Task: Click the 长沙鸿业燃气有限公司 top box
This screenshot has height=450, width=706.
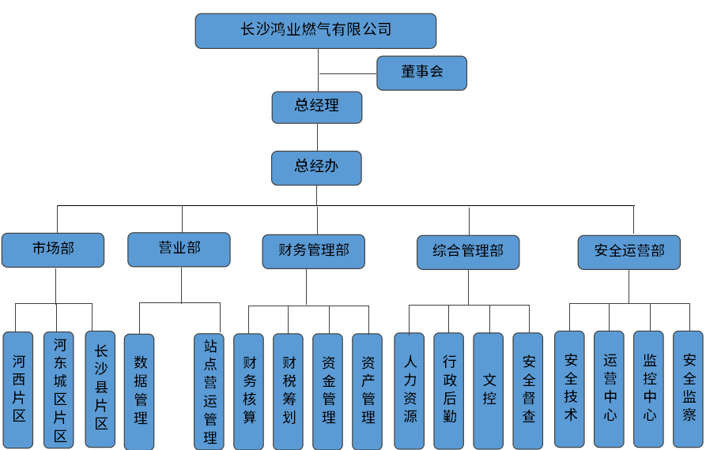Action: [315, 31]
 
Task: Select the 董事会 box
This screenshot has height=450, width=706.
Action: [421, 73]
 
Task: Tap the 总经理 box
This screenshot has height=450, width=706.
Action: [316, 107]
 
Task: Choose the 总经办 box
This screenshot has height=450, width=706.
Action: [316, 167]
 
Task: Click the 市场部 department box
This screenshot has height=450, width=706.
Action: [53, 249]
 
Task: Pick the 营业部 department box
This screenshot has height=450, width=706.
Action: [179, 249]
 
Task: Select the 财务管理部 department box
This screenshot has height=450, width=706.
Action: [314, 251]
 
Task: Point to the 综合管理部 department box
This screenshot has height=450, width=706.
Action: [468, 252]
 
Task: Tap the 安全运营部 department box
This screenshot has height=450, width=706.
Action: [629, 252]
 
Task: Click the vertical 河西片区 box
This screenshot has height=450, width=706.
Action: [18, 388]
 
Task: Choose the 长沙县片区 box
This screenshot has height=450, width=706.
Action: [100, 388]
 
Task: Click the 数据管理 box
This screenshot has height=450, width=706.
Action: [140, 391]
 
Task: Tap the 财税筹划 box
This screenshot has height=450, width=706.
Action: [289, 391]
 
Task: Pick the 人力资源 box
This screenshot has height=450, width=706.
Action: [410, 390]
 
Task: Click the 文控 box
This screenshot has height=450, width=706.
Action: [489, 390]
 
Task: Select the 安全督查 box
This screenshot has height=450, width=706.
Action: [528, 390]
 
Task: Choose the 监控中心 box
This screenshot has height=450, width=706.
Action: [649, 388]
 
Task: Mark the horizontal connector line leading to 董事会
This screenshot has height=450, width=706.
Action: [347, 73]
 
